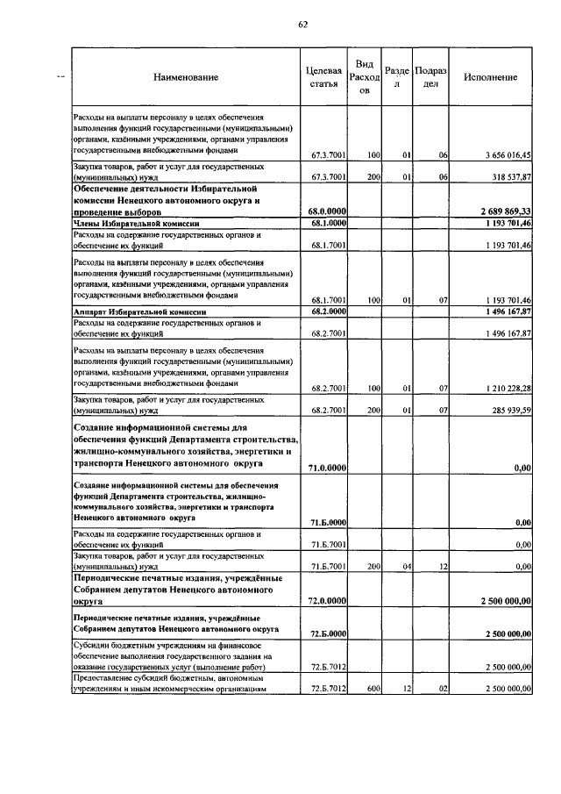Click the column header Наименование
point(186,78)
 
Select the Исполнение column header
point(490,77)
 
